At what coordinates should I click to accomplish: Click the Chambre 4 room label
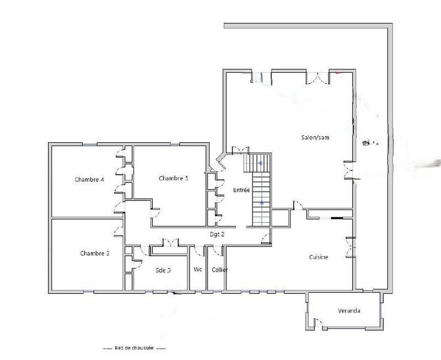point(89,180)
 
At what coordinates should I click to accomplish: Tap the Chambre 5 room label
point(174,178)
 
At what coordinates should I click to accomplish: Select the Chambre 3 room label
point(94,254)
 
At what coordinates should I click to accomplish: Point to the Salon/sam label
point(315,138)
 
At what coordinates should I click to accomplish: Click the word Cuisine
point(319,257)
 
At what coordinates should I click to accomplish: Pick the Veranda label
point(349,311)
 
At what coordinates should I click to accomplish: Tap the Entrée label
point(242,190)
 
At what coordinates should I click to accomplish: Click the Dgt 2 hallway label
point(217,234)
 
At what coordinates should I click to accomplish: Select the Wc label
point(197,270)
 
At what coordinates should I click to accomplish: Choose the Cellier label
point(219,270)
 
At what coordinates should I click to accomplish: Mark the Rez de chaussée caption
point(134,348)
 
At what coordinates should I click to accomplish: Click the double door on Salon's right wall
point(348,170)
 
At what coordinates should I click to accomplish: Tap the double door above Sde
point(169,243)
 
